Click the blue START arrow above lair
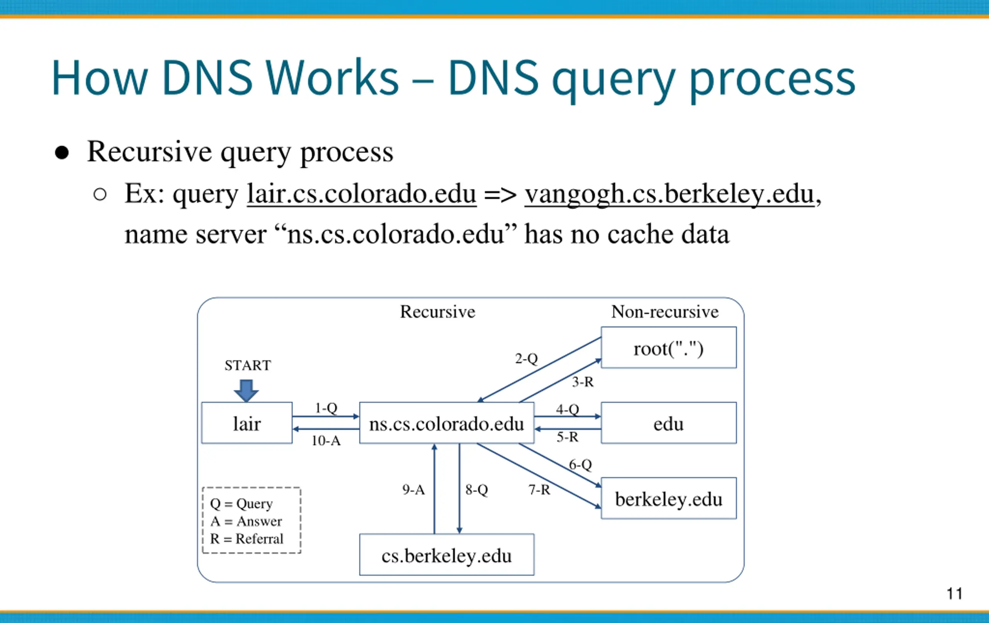tap(246, 390)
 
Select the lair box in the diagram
tap(247, 423)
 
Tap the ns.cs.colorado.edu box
tap(447, 423)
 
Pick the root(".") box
tap(669, 348)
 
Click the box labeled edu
tap(669, 423)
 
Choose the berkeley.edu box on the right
tap(669, 498)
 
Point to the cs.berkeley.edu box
tap(447, 554)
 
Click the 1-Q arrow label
tap(326, 408)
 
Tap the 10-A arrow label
tap(326, 441)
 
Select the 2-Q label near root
tap(527, 358)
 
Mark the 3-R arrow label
tap(583, 382)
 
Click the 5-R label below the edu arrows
tap(567, 437)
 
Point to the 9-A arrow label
tap(414, 489)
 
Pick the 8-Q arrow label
tap(477, 489)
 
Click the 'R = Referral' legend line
tap(247, 538)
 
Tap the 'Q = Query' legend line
tap(241, 504)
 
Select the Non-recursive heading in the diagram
tap(665, 312)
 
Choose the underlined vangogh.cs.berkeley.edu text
tap(670, 194)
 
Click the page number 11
tap(955, 593)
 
